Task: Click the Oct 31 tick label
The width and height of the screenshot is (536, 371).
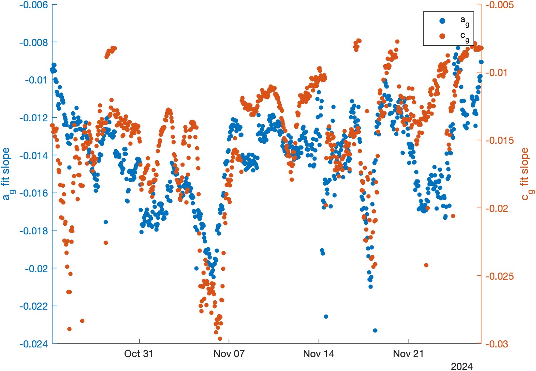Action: (x=138, y=354)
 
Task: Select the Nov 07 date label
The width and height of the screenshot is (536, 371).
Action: (x=229, y=354)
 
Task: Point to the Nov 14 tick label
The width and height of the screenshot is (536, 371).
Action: (x=319, y=354)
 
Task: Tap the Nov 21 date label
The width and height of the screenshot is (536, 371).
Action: (x=408, y=354)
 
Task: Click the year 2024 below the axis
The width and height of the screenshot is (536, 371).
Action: (x=461, y=366)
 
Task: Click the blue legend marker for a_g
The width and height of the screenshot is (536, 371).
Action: (x=443, y=21)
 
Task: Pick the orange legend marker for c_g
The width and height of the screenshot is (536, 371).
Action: (x=443, y=36)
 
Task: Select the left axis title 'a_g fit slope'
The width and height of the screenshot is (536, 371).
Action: (x=7, y=174)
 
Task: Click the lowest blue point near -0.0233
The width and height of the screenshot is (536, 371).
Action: (x=375, y=331)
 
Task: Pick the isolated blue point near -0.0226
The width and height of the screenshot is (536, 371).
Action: (x=326, y=317)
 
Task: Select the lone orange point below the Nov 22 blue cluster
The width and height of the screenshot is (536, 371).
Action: (x=426, y=265)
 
